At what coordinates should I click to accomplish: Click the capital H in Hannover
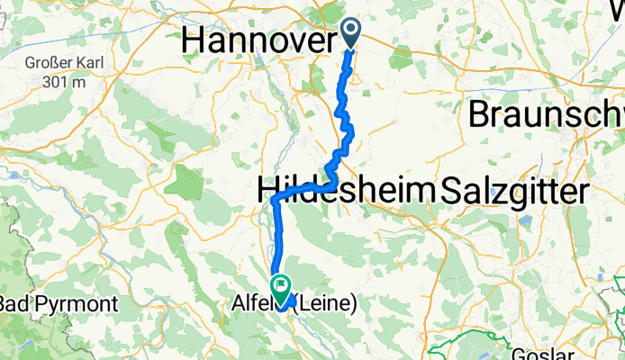tap(194, 39)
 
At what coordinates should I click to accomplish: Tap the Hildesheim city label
tap(346, 190)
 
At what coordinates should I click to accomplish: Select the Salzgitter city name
tap(512, 190)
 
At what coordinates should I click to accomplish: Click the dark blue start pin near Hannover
tap(351, 34)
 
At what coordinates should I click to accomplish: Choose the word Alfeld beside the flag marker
tap(250, 305)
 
